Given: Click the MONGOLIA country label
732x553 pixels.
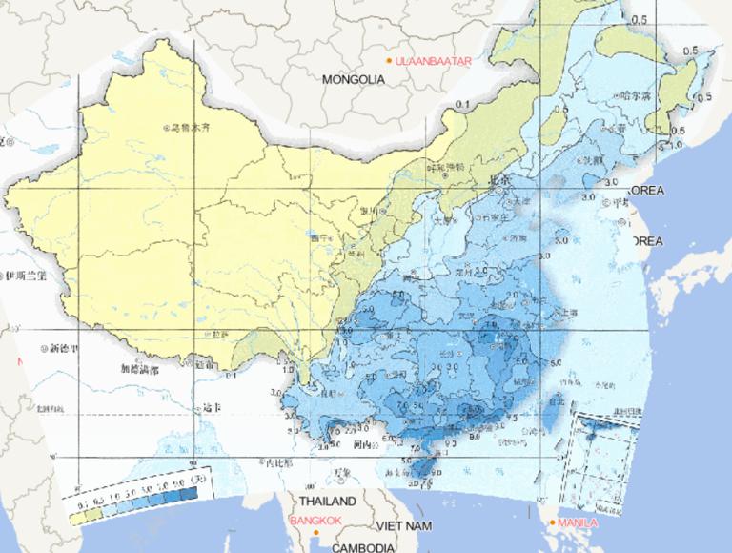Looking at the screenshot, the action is tap(354, 80).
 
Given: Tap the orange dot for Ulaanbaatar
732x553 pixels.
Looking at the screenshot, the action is tap(389, 61).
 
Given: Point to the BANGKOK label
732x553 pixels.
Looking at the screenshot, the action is tap(319, 520).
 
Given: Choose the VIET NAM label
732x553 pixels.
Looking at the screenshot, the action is tap(404, 525).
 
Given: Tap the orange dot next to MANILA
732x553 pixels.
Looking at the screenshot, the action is tap(552, 522).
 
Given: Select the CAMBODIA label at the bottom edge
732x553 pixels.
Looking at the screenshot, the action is tap(363, 547).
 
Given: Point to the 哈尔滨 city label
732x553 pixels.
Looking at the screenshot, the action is tap(634, 96).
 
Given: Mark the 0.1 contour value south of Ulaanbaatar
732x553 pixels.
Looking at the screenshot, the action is tap(463, 103).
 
